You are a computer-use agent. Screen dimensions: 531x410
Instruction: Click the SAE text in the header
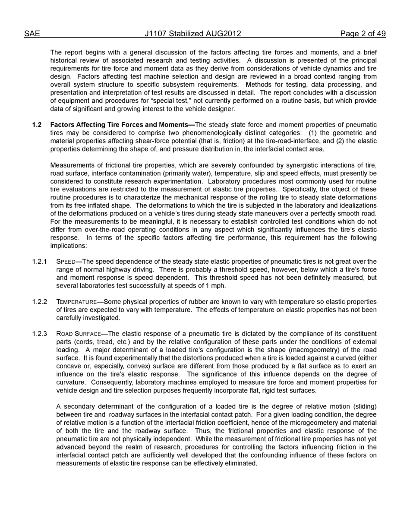coord(32,34)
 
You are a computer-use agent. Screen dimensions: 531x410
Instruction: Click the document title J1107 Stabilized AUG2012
coord(193,34)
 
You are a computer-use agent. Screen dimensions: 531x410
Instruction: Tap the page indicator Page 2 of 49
coord(363,34)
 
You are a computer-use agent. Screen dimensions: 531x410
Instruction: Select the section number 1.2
coord(37,125)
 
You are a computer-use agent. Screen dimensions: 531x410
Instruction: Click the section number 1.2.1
coord(39,262)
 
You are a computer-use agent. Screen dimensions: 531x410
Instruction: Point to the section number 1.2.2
coord(39,302)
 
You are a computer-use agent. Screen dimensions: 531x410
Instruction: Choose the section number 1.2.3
coord(39,334)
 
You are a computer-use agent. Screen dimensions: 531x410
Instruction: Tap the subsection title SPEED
coord(66,262)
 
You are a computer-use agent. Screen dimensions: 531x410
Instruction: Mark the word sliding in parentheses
coord(365,407)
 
